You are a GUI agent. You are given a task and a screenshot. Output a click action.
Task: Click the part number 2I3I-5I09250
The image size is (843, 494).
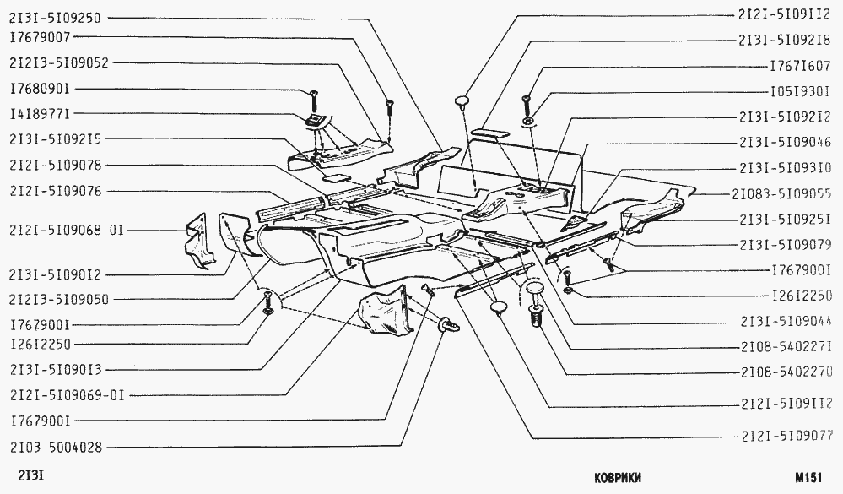[57, 16]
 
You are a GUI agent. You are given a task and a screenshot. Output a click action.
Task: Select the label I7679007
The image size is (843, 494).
[41, 37]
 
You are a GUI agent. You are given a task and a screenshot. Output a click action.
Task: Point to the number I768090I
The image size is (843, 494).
[41, 88]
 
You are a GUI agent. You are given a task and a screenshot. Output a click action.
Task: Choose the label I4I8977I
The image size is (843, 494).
[41, 112]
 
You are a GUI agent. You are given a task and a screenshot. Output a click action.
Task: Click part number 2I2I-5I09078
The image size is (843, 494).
[57, 165]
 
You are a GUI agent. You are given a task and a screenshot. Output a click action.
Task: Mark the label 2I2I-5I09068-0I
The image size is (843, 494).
[65, 230]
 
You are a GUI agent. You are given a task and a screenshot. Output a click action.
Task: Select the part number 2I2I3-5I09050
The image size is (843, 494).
[60, 299]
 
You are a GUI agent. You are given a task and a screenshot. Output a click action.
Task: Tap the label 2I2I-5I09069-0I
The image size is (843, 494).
[65, 394]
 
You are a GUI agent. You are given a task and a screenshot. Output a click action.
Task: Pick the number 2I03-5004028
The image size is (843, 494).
[57, 447]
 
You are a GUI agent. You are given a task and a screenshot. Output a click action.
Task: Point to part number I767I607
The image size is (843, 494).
[801, 65]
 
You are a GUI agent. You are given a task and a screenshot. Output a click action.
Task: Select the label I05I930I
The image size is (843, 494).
[801, 90]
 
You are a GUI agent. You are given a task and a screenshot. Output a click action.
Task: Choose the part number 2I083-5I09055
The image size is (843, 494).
[782, 193]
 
